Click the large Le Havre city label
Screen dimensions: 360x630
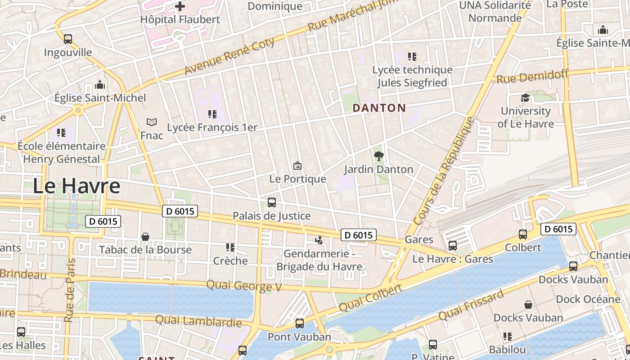[x=76, y=186]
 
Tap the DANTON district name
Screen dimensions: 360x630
[x=379, y=108]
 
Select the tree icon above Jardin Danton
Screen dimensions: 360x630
[x=379, y=156]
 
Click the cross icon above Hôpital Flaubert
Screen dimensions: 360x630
[x=180, y=6]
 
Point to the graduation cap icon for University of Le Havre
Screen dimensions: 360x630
[x=525, y=98]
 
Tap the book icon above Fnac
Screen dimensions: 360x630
[x=152, y=122]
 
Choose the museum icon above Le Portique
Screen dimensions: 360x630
[x=297, y=166]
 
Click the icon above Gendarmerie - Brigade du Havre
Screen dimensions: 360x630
[x=319, y=240]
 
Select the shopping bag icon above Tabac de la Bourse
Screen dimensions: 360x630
[x=145, y=237]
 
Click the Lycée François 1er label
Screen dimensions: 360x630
[x=212, y=127]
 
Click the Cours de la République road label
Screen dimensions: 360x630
[x=444, y=171]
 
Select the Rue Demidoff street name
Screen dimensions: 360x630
[x=532, y=76]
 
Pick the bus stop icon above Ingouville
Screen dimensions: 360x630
[x=68, y=39]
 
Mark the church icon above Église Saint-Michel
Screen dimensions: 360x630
[x=100, y=85]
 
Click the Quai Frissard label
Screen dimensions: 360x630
[x=471, y=306]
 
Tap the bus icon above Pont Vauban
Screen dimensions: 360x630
[x=299, y=323]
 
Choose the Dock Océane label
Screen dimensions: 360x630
[x=588, y=299]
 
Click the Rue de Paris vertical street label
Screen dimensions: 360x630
[x=69, y=290]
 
